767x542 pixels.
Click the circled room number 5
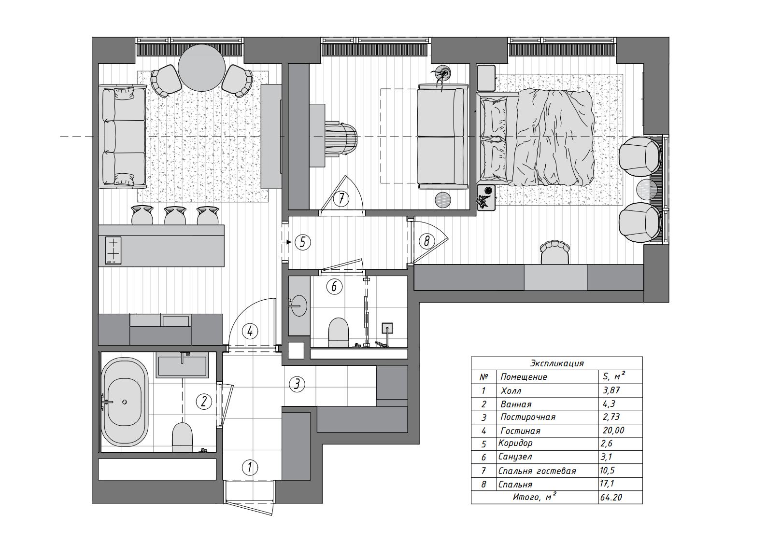pos(303,242)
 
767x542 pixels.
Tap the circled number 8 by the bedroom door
pos(426,242)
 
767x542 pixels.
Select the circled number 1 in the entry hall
pos(250,467)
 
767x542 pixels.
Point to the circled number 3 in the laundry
pos(297,384)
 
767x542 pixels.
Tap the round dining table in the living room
pos(202,68)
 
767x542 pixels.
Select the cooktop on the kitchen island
pos(114,250)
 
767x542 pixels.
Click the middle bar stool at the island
pos(175,215)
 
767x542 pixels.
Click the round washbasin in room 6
pos(298,305)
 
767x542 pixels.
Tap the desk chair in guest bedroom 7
pos(341,139)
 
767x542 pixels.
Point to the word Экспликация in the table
pos(557,363)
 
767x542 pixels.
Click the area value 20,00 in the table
pos(613,431)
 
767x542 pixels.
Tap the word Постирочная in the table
pos(527,417)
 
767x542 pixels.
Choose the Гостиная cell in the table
pos(520,431)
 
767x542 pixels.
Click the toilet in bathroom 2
pos(182,437)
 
